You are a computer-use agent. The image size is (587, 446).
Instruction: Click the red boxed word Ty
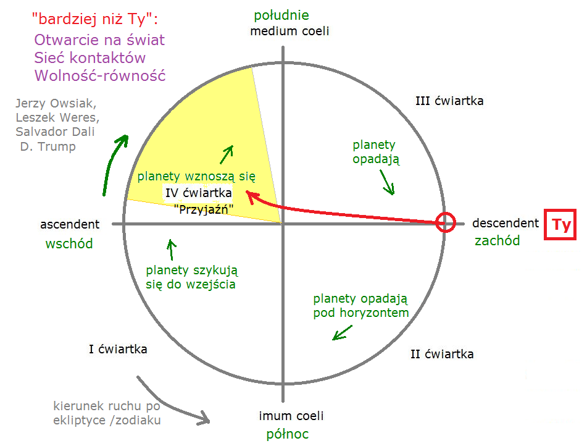click(560, 225)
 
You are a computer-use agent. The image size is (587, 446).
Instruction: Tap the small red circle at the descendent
click(445, 222)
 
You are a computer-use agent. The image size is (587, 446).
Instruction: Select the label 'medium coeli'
click(289, 31)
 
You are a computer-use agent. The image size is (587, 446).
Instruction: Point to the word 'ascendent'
click(70, 224)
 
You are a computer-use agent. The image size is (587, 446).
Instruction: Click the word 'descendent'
click(506, 223)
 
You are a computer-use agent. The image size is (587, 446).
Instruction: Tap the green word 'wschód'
click(69, 243)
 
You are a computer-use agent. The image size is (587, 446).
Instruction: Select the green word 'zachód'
click(497, 241)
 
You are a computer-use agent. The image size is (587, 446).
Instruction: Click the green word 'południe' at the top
click(281, 15)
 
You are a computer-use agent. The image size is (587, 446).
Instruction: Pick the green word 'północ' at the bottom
click(287, 434)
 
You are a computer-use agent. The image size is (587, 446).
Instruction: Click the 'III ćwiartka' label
click(449, 101)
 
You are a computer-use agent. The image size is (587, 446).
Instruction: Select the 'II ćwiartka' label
click(442, 354)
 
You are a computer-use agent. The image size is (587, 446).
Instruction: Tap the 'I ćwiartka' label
click(118, 349)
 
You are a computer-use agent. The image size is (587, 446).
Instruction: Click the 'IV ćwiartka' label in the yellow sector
click(198, 193)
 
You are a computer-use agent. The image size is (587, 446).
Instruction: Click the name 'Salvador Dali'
click(56, 132)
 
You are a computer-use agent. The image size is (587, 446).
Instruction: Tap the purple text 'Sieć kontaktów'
click(90, 58)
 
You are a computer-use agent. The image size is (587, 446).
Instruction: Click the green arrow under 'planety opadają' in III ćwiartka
click(388, 182)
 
